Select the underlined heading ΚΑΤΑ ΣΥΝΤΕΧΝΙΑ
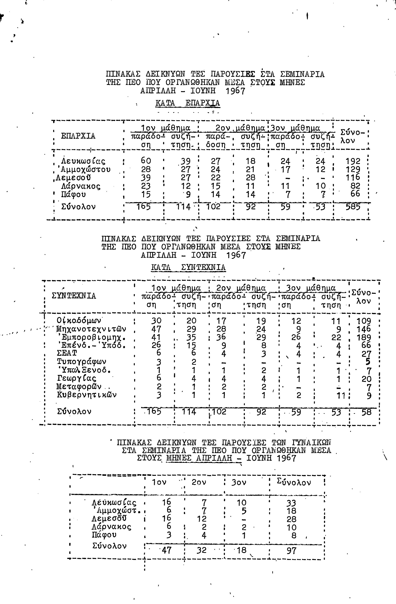188,267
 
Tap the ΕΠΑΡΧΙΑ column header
78,136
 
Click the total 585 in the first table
353,207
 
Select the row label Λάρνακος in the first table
81,186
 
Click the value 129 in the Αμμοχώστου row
353,169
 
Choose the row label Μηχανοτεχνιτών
91,329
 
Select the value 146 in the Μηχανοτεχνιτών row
363,329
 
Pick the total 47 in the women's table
166,550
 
